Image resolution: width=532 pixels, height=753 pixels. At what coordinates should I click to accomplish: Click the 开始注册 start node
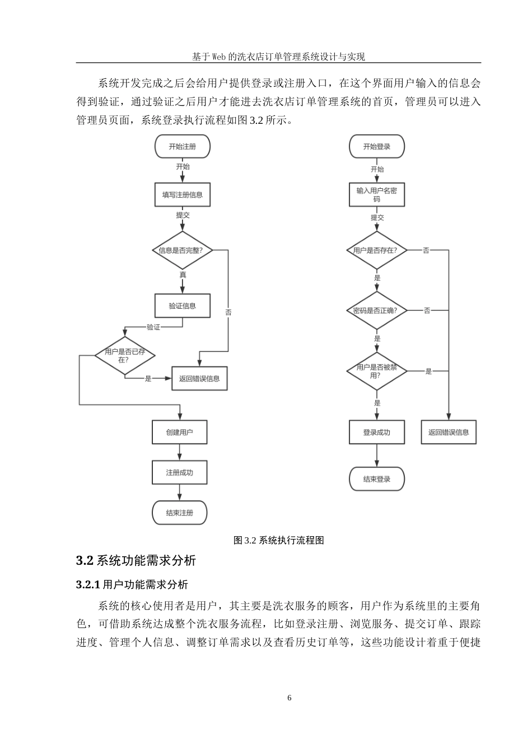[182, 147]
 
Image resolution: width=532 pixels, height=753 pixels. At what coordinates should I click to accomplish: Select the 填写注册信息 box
[182, 195]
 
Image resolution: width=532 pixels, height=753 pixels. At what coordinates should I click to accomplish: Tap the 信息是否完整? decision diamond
[182, 250]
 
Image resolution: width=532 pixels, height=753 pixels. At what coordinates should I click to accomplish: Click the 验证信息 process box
[182, 306]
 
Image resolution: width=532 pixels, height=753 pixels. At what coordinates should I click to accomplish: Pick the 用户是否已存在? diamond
[124, 355]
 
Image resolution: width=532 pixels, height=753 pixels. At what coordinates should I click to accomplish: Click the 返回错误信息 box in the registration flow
[199, 379]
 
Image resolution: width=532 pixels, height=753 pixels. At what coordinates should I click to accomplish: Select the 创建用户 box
[179, 433]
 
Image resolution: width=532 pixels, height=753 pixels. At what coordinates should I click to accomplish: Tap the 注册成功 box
[179, 473]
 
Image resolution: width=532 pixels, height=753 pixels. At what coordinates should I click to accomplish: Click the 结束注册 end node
[179, 513]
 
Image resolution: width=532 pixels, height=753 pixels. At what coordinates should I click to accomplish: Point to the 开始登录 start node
[376, 147]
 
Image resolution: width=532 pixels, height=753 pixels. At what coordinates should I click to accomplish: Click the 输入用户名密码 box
[376, 195]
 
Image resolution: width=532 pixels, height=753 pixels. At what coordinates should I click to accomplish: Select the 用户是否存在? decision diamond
[376, 250]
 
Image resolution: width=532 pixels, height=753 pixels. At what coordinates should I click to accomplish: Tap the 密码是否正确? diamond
[376, 310]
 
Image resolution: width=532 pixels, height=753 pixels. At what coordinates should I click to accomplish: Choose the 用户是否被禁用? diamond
[376, 371]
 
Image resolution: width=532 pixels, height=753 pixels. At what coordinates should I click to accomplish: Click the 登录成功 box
[376, 433]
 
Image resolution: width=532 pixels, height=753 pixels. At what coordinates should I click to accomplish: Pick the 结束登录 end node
[376, 479]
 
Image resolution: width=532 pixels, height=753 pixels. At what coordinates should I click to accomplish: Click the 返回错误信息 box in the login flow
[449, 433]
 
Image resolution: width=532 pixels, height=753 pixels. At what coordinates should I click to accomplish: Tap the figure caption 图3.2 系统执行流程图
[278, 541]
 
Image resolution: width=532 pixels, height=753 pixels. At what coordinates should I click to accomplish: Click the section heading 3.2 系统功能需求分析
[136, 561]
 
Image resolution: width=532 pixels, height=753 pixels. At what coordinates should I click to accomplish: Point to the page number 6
[289, 698]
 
